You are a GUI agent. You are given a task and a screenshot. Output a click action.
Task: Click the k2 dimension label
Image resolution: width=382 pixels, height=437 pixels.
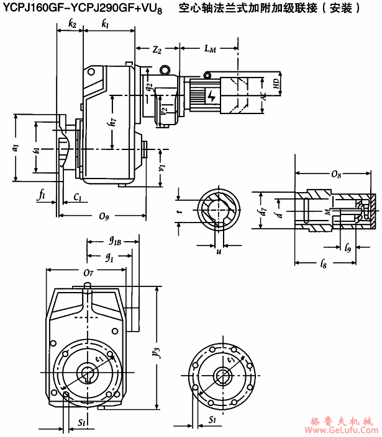[x=73, y=24]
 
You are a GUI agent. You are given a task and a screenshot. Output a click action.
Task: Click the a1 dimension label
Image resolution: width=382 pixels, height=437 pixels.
[x=16, y=148]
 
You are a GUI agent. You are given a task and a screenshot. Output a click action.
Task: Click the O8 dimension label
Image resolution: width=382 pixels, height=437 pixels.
[x=335, y=174]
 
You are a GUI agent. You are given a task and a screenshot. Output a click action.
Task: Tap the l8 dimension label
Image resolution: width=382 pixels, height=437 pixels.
[x=324, y=266]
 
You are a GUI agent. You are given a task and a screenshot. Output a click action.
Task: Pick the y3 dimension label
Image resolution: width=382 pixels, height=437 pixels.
[x=163, y=353]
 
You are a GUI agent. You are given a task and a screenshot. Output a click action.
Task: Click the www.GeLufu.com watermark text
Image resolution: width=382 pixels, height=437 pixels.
[x=343, y=429]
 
